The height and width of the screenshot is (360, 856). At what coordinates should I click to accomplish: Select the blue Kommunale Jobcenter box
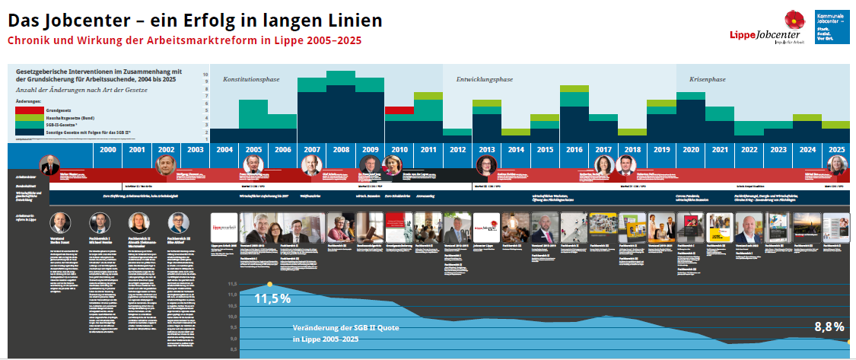832,27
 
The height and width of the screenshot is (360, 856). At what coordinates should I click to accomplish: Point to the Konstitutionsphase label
252,79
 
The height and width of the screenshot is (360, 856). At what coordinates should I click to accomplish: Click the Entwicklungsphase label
484,79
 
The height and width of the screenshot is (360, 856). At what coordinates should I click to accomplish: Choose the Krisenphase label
707,79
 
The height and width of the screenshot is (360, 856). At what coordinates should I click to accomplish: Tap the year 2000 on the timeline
108,150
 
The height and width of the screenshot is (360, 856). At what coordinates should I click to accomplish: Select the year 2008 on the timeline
341,150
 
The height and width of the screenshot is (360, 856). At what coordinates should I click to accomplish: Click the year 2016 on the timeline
574,150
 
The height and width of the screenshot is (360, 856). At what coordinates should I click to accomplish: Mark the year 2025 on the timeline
836,150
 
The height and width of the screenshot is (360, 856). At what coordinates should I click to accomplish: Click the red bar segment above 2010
399,110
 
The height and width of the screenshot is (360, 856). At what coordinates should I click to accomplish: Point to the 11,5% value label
272,298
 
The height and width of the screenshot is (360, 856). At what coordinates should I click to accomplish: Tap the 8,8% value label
829,327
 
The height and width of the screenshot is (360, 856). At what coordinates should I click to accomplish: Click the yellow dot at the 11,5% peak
269,285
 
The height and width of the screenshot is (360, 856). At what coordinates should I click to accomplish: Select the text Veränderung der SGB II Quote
346,328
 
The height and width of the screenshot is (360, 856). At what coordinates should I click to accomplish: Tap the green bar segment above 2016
574,89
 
